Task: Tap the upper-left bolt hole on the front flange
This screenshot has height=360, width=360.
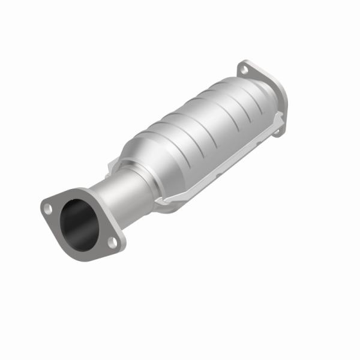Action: coord(49,208)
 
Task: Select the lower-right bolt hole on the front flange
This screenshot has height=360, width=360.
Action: coord(112,241)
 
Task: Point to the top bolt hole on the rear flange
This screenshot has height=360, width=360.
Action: coord(244,70)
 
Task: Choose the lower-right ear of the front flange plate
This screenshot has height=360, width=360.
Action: coord(118,245)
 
